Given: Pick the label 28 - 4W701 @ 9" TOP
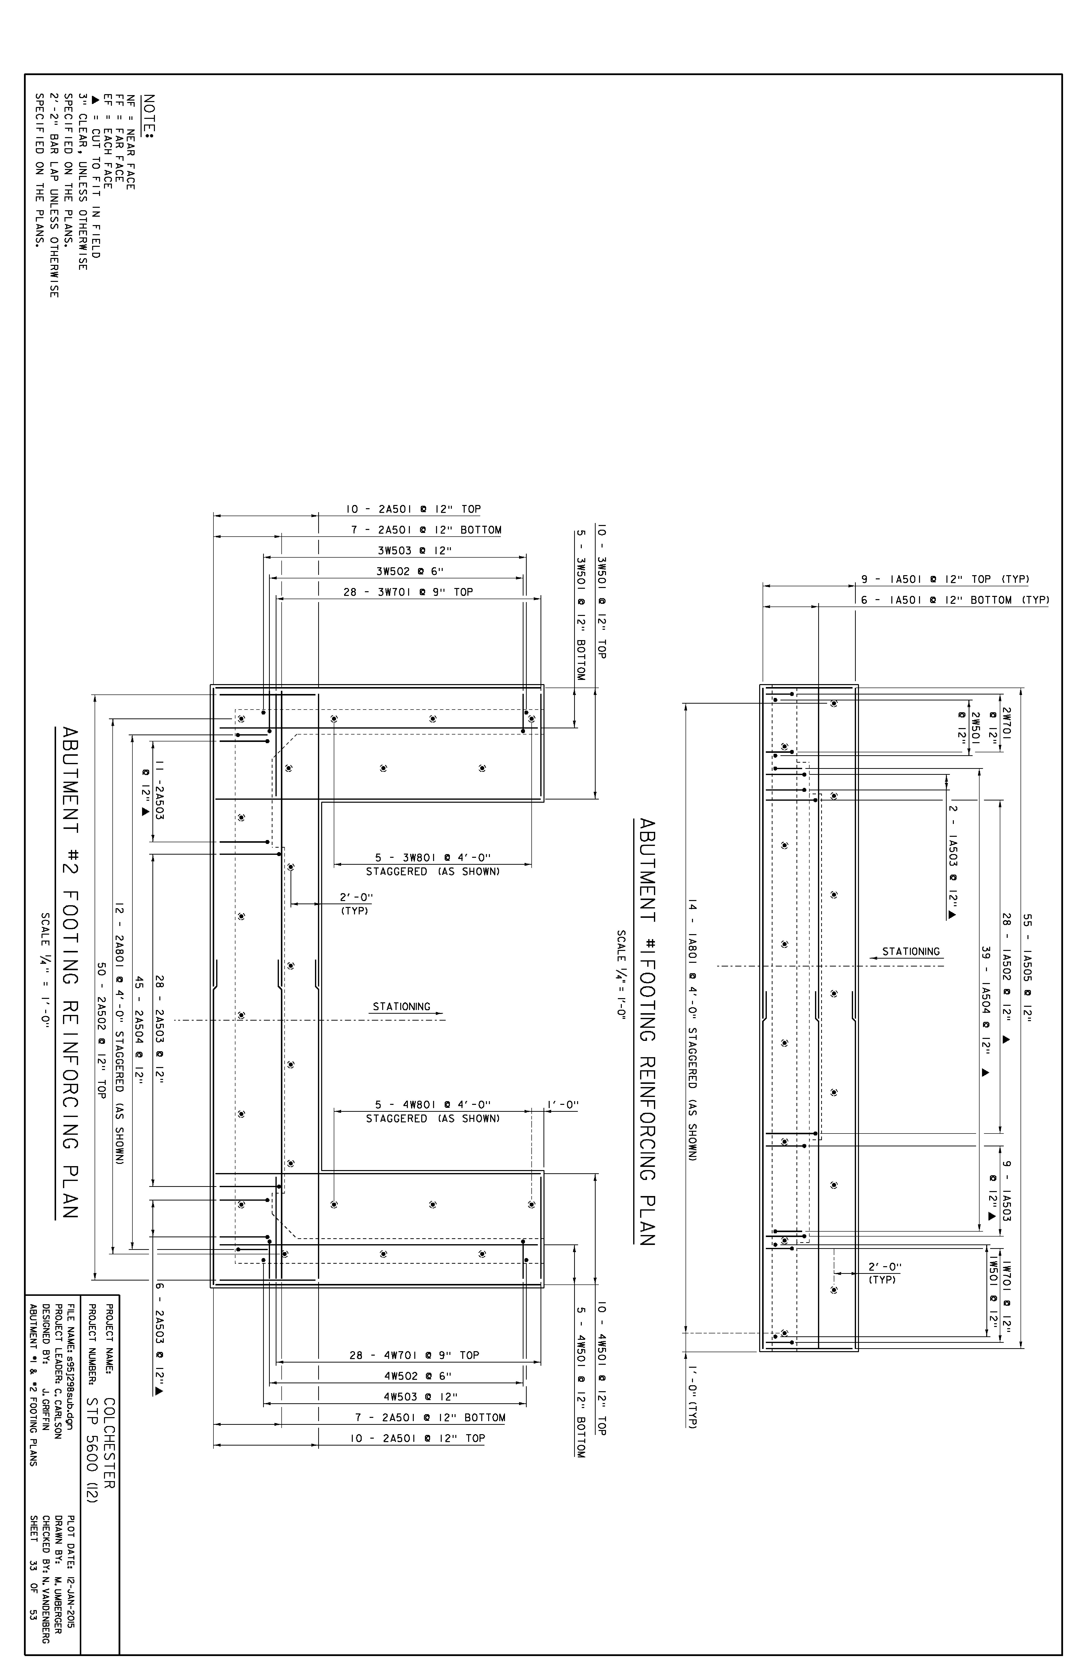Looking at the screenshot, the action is coord(414,1355).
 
